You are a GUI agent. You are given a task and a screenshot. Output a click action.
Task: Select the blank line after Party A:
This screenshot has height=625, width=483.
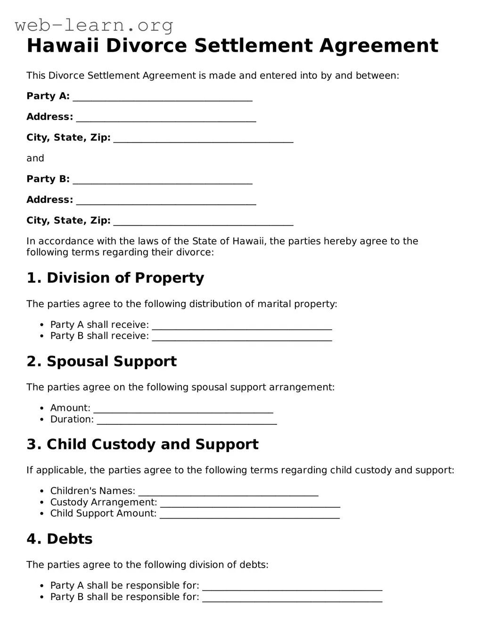(163, 98)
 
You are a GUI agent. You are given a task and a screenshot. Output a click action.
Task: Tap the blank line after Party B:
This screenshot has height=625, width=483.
(163, 181)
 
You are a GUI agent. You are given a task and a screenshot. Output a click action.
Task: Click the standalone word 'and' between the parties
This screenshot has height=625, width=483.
(35, 158)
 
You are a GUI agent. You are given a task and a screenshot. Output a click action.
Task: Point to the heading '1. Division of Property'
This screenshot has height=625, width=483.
(115, 278)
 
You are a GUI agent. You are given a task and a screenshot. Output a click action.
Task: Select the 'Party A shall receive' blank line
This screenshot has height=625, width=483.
(242, 327)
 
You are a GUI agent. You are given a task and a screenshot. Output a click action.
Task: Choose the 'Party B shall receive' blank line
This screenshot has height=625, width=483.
(242, 338)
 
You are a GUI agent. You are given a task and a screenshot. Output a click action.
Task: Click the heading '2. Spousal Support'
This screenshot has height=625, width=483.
(102, 361)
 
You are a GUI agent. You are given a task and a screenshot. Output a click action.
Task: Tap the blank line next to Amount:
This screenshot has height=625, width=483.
(183, 410)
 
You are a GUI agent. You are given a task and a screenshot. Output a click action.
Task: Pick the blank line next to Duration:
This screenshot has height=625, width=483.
(187, 422)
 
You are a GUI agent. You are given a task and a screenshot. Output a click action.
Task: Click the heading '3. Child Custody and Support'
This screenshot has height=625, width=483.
(143, 445)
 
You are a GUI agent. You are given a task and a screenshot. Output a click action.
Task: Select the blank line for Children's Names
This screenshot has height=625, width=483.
(229, 493)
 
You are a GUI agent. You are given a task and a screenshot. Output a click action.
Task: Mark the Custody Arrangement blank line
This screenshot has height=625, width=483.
(250, 504)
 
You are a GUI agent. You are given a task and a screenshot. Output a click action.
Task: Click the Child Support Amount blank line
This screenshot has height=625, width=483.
(250, 516)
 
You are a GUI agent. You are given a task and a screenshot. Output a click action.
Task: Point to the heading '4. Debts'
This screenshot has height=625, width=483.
(60, 539)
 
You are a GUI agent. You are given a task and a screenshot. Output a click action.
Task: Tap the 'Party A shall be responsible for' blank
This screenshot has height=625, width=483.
(292, 588)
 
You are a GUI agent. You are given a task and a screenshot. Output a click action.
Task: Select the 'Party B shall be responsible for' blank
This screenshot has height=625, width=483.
(292, 599)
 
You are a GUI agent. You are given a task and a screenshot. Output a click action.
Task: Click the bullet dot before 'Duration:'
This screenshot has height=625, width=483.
(41, 420)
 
